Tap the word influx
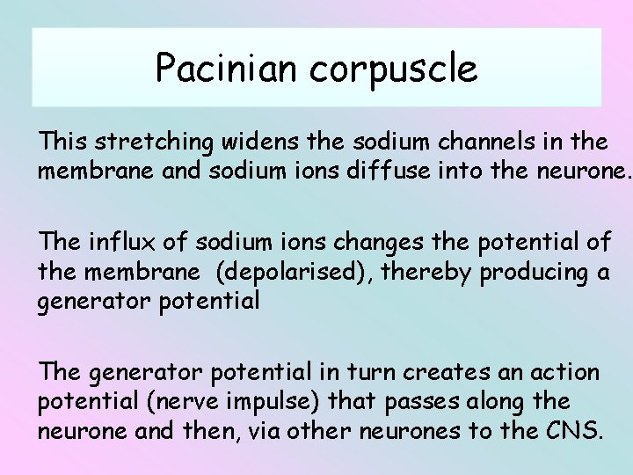129,242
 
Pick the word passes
434,402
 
